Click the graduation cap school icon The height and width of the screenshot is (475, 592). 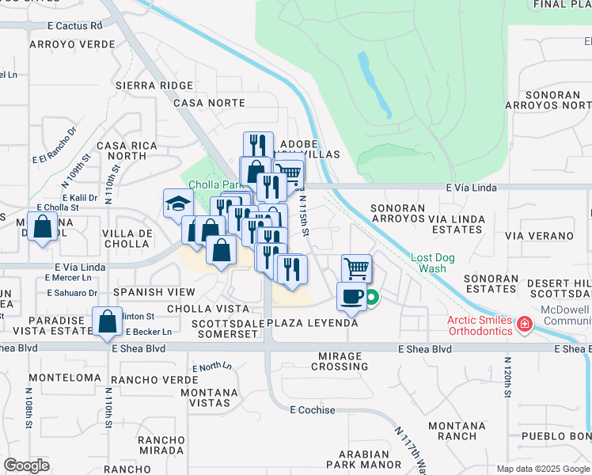point(179,203)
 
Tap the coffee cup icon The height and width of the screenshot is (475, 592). point(351,297)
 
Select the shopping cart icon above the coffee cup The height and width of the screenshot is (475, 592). point(357,268)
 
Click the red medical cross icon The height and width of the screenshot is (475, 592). point(523,324)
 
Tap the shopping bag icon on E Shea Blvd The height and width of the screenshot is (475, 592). point(107,322)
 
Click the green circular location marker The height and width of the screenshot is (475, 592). point(371,298)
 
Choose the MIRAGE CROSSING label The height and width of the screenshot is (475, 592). point(340,361)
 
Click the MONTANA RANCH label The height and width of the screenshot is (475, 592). point(457,431)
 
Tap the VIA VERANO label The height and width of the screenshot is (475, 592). point(538,236)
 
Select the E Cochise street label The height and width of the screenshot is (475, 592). point(313,410)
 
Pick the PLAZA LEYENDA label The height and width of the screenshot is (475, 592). point(313,323)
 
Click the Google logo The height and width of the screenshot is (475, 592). point(26,465)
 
